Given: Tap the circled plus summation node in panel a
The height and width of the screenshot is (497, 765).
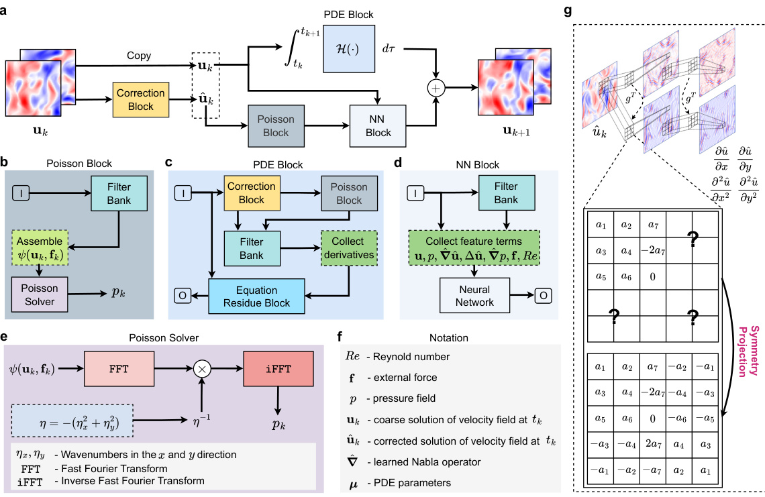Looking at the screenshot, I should (x=438, y=88).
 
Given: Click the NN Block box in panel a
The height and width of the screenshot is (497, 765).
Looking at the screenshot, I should (x=378, y=125).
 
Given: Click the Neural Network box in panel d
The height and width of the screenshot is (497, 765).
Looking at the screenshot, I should (x=474, y=296).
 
